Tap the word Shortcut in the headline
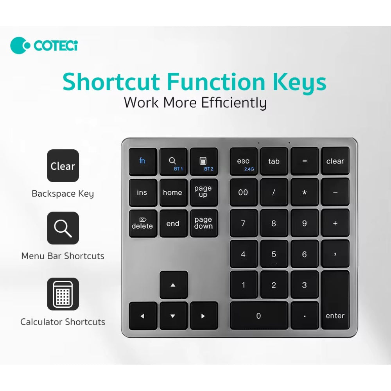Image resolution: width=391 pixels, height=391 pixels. (x=111, y=81)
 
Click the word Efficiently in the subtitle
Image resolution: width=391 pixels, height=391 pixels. (x=234, y=102)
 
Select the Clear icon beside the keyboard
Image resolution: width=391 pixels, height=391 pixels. (x=63, y=166)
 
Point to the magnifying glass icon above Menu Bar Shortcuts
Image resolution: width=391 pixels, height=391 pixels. (x=63, y=228)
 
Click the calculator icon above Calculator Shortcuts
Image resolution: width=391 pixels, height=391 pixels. (x=63, y=294)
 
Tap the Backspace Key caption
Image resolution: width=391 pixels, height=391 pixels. (x=63, y=194)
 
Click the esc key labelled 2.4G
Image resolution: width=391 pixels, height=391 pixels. (x=243, y=161)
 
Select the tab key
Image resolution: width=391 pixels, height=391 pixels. (x=274, y=161)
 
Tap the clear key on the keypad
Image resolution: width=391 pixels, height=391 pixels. (x=335, y=161)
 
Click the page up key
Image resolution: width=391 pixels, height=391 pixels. (x=203, y=192)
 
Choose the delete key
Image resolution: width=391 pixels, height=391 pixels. (x=142, y=223)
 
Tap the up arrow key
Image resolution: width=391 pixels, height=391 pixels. (x=173, y=285)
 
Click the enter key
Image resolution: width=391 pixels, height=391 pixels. (x=335, y=300)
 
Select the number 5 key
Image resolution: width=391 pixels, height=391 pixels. (x=274, y=254)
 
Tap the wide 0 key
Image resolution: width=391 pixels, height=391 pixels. (x=258, y=316)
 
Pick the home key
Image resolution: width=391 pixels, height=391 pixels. (x=172, y=192)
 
